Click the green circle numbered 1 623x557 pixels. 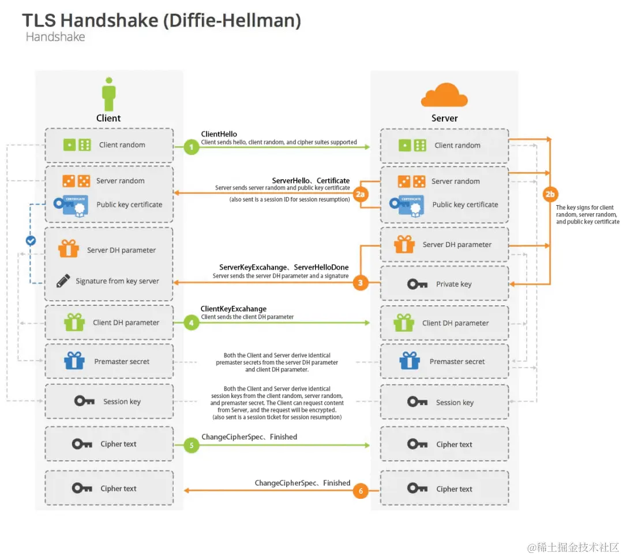192,147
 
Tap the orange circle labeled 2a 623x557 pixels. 361,195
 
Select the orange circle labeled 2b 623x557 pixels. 550,194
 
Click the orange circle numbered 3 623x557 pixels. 361,283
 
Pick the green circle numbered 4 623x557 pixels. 192,323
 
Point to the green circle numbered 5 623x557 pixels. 192,445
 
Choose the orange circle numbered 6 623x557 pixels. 361,491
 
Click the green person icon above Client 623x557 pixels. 108,94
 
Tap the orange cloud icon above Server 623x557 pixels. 444,96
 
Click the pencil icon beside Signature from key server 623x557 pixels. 63,281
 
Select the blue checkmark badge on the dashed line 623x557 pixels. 31,241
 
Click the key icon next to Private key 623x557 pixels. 417,284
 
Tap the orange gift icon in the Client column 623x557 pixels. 68,249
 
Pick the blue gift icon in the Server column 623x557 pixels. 410,361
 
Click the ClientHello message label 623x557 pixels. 219,134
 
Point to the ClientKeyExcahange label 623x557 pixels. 234,309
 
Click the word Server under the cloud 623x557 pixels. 444,118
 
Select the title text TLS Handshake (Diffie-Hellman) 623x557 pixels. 162,21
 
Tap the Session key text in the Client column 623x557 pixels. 122,401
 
